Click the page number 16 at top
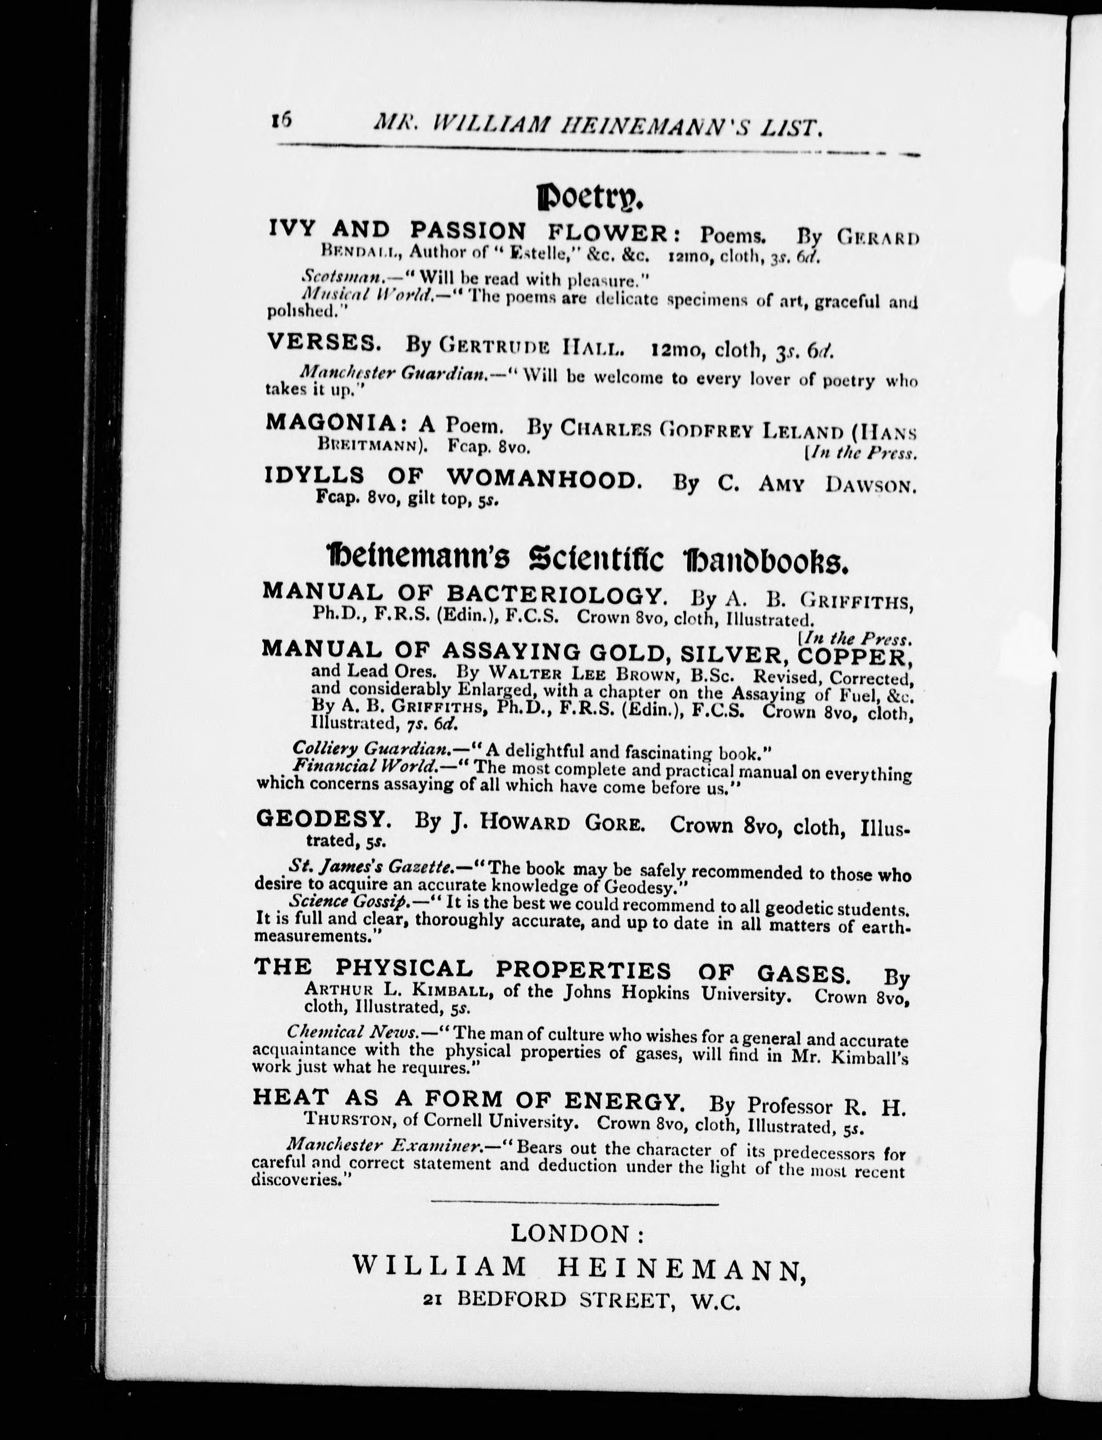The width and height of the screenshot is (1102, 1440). [x=281, y=121]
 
